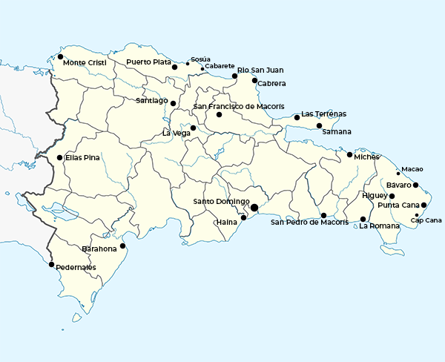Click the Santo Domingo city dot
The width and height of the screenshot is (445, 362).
(x=254, y=208)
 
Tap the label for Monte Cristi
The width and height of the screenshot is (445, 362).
(x=85, y=63)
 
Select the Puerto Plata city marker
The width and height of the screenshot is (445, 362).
(x=174, y=67)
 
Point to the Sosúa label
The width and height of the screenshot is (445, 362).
(x=200, y=59)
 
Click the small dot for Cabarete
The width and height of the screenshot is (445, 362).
(x=202, y=69)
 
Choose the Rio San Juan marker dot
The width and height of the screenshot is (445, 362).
(x=234, y=76)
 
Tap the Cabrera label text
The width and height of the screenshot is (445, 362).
(x=271, y=84)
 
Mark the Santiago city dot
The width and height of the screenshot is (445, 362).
(x=173, y=103)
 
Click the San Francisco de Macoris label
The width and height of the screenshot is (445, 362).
(x=239, y=107)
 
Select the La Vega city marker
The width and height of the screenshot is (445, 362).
(x=193, y=128)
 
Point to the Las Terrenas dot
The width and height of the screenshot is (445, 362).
(x=297, y=117)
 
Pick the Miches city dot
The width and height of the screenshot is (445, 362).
(x=349, y=154)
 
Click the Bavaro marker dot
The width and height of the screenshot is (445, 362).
(x=416, y=185)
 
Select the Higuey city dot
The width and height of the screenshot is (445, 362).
(x=392, y=196)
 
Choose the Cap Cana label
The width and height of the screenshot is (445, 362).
(x=426, y=220)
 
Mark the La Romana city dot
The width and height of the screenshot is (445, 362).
(x=363, y=219)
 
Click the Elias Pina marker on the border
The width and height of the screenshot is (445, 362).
(x=59, y=157)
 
